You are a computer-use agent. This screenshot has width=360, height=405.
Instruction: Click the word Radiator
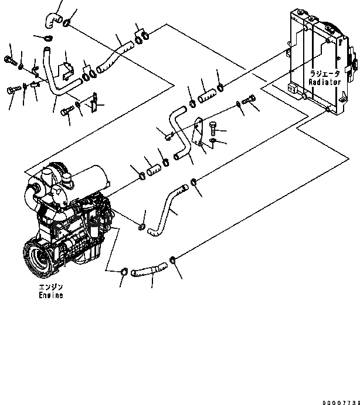coord(325,83)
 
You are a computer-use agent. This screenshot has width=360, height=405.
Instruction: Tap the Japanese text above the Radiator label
coord(325,75)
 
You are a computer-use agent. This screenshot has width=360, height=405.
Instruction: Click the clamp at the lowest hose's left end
coord(124,271)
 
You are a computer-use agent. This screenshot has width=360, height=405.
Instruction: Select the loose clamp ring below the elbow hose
coord(46,39)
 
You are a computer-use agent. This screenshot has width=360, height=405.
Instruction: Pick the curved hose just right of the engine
coord(167,208)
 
